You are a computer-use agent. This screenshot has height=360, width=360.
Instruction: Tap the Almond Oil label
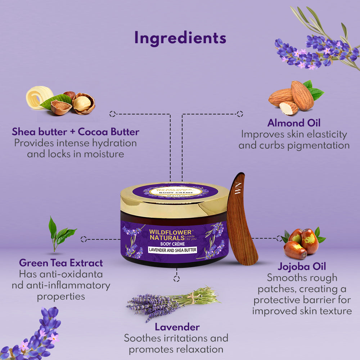click(x=294, y=123)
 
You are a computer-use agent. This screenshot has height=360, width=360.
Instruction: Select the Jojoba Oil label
click(x=302, y=266)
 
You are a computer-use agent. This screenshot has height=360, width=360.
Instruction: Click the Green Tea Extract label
click(x=61, y=263)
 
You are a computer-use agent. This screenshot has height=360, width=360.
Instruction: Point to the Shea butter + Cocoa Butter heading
click(x=76, y=132)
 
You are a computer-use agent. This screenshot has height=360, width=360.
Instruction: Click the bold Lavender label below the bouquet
click(x=177, y=327)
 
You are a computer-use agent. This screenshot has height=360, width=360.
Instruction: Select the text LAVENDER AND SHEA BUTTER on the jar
click(x=172, y=250)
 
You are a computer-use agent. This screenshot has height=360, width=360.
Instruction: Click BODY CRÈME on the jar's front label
click(x=172, y=244)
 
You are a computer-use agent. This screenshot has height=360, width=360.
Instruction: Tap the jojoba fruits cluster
click(x=303, y=243)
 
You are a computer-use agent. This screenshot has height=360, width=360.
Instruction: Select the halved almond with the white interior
click(x=289, y=108)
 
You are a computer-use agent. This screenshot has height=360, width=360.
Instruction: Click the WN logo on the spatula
click(x=238, y=188)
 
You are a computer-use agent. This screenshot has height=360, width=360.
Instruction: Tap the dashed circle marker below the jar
click(x=176, y=279)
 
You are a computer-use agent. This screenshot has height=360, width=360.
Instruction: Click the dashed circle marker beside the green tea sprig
click(x=84, y=239)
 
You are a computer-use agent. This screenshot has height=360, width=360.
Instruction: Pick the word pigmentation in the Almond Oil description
click(x=319, y=145)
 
